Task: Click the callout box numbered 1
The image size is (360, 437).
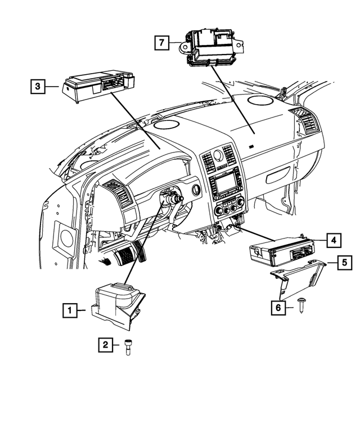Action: [69, 309]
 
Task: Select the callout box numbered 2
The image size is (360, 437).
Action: [105, 345]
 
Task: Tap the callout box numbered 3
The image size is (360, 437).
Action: [38, 86]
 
